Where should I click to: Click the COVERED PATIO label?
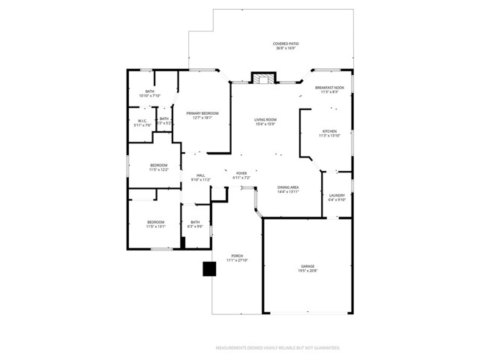click(284, 44)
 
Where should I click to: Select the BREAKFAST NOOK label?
click(330, 88)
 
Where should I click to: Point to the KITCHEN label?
click(330, 131)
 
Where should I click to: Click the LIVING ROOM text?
click(265, 119)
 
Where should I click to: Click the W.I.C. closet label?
click(142, 121)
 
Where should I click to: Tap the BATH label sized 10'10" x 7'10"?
click(150, 91)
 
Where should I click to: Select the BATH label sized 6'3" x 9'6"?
click(195, 222)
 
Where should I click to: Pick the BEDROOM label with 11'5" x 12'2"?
click(158, 165)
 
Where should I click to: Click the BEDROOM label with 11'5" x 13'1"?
click(155, 222)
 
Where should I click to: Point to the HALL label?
click(200, 175)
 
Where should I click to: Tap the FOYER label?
click(241, 173)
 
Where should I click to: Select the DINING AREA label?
click(289, 187)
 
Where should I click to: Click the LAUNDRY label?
click(337, 196)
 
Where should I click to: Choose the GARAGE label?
click(307, 266)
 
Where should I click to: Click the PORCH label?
click(237, 256)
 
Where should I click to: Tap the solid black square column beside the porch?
click(208, 268)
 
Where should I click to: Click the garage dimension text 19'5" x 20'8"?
click(307, 271)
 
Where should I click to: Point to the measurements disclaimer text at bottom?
click(277, 348)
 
